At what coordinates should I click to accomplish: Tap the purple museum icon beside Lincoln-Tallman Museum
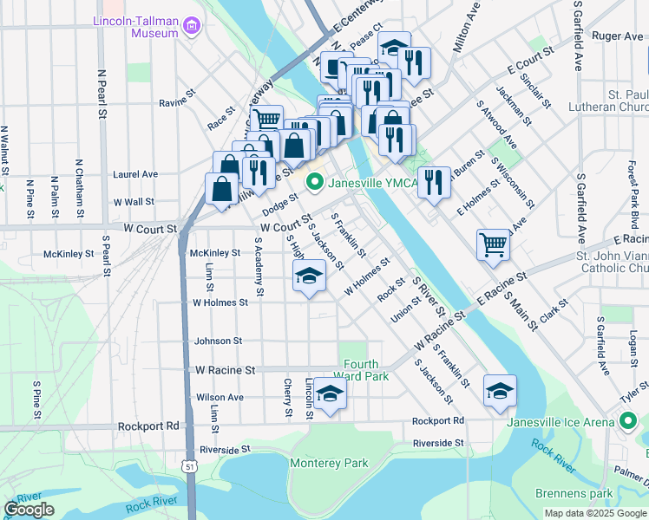point(191,26)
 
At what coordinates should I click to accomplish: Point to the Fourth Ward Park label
point(366,370)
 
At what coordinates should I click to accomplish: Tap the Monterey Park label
point(329,464)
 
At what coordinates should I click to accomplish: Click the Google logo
point(29,510)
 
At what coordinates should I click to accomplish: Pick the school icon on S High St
point(308,276)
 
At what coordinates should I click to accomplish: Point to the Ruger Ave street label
point(617,36)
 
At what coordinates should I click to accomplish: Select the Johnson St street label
point(218,341)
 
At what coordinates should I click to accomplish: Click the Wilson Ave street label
point(220,398)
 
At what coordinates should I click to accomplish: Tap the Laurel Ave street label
point(135,174)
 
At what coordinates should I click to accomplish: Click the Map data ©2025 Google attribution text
point(594,513)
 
